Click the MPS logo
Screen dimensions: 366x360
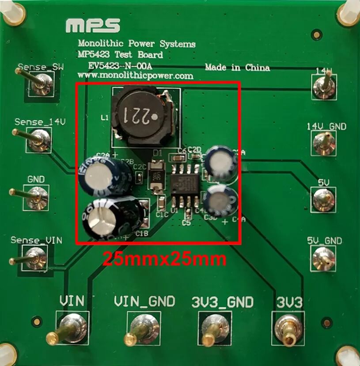point(93,26)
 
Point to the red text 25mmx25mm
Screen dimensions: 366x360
point(165,259)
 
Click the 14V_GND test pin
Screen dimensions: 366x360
point(324,142)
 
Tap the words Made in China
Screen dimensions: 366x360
point(237,68)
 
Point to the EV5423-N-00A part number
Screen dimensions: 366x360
point(120,65)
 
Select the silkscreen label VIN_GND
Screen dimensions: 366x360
point(144,301)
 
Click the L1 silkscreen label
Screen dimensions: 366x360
point(105,118)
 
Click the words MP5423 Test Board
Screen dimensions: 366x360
point(120,55)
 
